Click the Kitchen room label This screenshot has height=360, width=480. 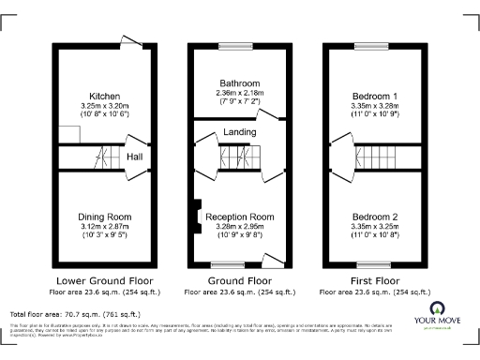pyautogui.click(x=102, y=97)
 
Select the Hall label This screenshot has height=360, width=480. pyautogui.click(x=135, y=157)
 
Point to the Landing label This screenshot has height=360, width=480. pyautogui.click(x=240, y=133)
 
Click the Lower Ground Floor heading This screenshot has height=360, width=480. pyautogui.click(x=102, y=279)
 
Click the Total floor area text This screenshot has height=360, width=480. pyautogui.click(x=75, y=313)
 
